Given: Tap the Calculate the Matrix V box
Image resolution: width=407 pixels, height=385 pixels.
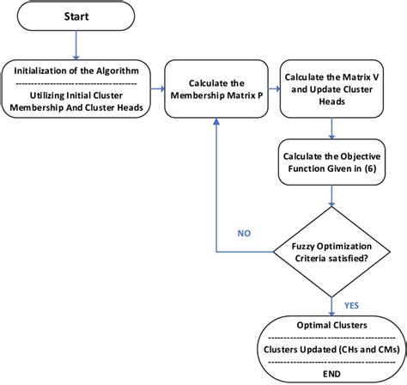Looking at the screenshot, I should tap(331, 88).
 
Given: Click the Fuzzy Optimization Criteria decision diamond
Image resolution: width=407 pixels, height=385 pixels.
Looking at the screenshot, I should tap(331, 252).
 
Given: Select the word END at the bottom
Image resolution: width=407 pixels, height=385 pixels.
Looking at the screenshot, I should tap(329, 376).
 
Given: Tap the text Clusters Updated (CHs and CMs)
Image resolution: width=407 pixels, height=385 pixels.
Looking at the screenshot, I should tap(329, 352).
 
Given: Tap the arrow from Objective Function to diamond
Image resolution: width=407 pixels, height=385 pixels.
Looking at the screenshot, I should tap(331, 197).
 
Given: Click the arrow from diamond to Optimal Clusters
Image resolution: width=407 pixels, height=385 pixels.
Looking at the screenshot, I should tap(331, 303).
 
